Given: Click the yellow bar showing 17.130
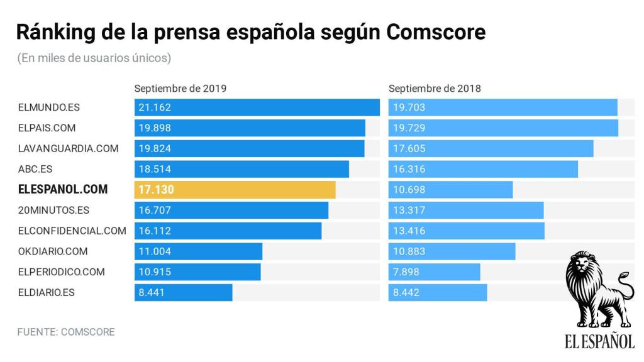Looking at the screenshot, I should coord(235,190).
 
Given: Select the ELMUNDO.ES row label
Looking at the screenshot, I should coord(49,107).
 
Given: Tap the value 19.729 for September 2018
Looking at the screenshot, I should coord(409,128).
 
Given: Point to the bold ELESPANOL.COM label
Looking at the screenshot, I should coord(63,190).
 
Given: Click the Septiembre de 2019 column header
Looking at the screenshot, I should coord(180,89).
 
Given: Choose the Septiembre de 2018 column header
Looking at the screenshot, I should coord(435,89).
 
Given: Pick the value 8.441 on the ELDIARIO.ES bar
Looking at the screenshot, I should coord(151,293).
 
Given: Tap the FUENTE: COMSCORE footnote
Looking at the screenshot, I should coord(66,332).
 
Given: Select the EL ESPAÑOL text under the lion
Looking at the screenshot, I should coord(599,341).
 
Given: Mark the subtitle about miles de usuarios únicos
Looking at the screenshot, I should coord(94,58).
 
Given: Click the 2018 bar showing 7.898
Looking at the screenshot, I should coord(434,272).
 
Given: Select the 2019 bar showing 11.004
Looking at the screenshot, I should coord(198,251).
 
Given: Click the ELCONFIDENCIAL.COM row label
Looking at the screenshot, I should coord(72,231).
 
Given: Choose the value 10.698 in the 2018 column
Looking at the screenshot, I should coord(409,190).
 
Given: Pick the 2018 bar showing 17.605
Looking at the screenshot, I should coord(491,149).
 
